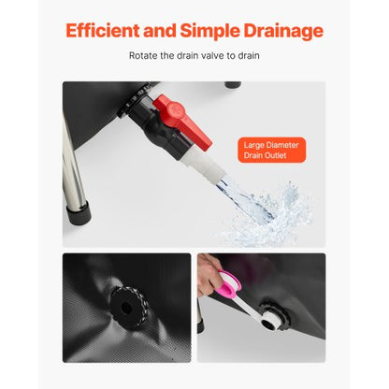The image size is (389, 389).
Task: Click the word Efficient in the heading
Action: point(103,31)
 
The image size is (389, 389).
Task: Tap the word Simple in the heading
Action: point(209,32)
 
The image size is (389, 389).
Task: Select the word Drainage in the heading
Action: point(283,32)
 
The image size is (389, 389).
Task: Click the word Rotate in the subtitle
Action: point(143,56)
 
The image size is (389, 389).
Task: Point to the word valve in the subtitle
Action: point(212,56)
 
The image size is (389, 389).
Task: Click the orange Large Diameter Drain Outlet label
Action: point(272,150)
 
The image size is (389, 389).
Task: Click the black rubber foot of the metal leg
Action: point(79,214)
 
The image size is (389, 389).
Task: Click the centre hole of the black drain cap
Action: point(126,309)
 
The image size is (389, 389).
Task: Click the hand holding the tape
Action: point(209,274)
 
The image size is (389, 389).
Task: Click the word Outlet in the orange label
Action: point(274,155)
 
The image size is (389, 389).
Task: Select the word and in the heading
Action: point(160,31)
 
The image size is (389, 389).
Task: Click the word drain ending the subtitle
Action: point(249,56)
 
